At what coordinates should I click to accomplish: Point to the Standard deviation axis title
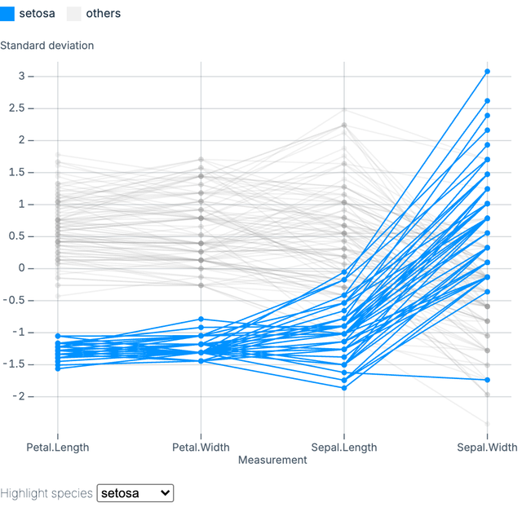tap(47, 46)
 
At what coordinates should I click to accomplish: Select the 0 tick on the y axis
tap(30, 268)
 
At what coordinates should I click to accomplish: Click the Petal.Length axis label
tap(58, 447)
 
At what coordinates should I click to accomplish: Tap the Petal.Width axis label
tap(201, 447)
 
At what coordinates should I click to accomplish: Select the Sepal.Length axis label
tap(344, 447)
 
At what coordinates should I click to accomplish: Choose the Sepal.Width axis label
tap(487, 447)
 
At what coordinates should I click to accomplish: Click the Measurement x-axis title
tap(272, 460)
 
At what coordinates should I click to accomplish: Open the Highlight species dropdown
tap(135, 493)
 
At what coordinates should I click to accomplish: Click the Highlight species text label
tap(46, 493)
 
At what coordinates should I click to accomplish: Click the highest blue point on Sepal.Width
tap(487, 72)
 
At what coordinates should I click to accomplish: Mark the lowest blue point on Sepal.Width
tap(487, 380)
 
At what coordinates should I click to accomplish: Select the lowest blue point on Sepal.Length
tap(344, 388)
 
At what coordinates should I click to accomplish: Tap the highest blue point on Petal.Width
tap(201, 320)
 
